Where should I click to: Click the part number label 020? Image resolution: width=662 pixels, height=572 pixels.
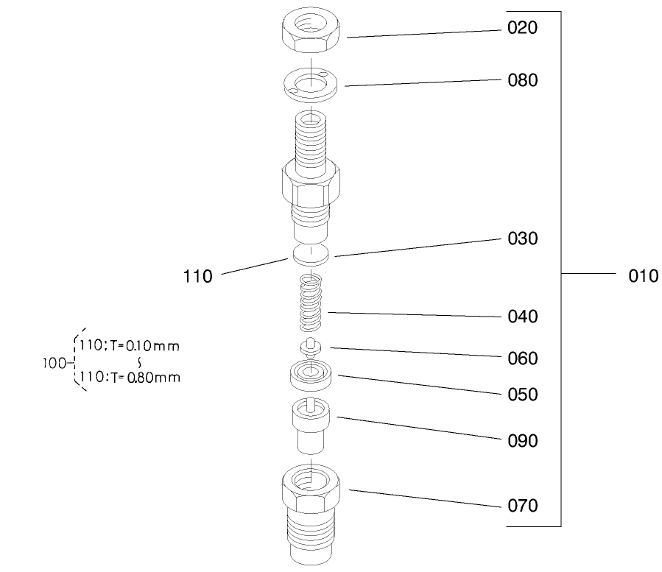pyautogui.click(x=522, y=29)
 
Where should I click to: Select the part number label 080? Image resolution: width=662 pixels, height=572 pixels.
pyautogui.click(x=522, y=80)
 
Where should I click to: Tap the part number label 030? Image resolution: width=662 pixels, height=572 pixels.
pyautogui.click(x=522, y=239)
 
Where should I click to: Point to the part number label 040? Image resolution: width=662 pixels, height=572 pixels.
pyautogui.click(x=522, y=317)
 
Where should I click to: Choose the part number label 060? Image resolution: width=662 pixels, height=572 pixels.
pyautogui.click(x=522, y=359)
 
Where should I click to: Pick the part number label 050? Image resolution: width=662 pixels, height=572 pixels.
pyautogui.click(x=522, y=395)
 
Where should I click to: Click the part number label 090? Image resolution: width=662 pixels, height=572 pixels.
pyautogui.click(x=522, y=441)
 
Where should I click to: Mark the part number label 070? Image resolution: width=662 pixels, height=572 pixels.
pyautogui.click(x=522, y=506)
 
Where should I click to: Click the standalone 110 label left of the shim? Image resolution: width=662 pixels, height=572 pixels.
pyautogui.click(x=197, y=277)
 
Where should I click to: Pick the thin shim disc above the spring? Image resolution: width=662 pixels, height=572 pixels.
pyautogui.click(x=312, y=255)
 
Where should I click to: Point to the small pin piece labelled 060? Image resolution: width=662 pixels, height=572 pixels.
pyautogui.click(x=312, y=347)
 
